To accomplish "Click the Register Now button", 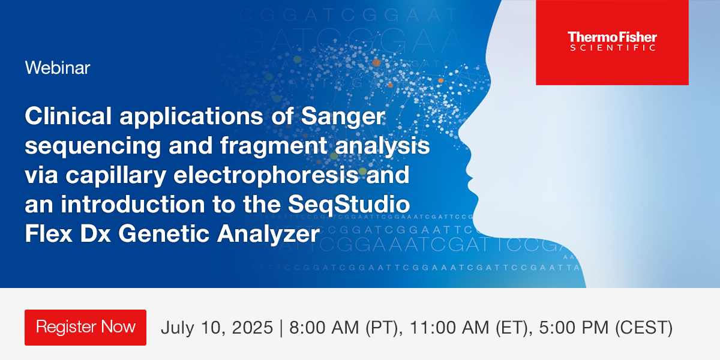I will [85, 327].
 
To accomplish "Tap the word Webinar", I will [58, 68].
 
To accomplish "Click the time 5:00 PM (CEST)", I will [604, 328].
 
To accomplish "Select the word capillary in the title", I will [112, 176].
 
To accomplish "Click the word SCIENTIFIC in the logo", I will [612, 49].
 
